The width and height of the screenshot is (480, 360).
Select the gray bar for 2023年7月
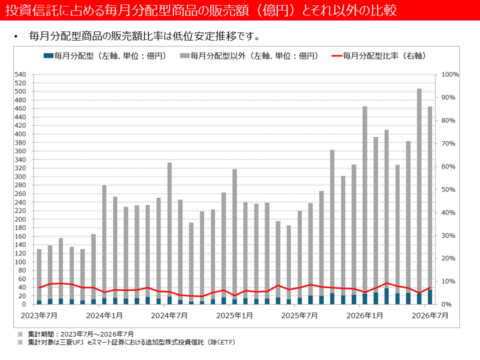[x=39, y=274]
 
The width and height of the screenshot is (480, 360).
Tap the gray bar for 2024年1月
[x=104, y=241]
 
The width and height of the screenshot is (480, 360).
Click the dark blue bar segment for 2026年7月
[x=430, y=297]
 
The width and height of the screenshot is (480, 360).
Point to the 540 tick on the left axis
[x=20, y=74]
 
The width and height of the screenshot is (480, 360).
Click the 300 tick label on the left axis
[x=20, y=176]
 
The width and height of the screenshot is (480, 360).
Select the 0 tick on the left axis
[x=24, y=304]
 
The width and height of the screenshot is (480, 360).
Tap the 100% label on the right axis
[x=450, y=74]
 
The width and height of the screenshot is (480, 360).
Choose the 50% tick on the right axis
[x=448, y=189]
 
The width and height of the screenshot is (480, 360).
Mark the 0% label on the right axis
[x=446, y=304]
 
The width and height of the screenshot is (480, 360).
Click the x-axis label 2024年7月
[x=169, y=315]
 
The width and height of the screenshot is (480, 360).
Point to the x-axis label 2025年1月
[x=234, y=315]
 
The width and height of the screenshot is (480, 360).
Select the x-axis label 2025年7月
[x=299, y=315]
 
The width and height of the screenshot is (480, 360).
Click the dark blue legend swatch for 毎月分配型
[x=48, y=55]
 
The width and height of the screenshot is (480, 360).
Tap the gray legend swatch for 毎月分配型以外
[x=185, y=55]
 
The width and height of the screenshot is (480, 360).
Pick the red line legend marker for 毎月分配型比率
[x=336, y=55]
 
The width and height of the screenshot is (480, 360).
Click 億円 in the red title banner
[x=275, y=10]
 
